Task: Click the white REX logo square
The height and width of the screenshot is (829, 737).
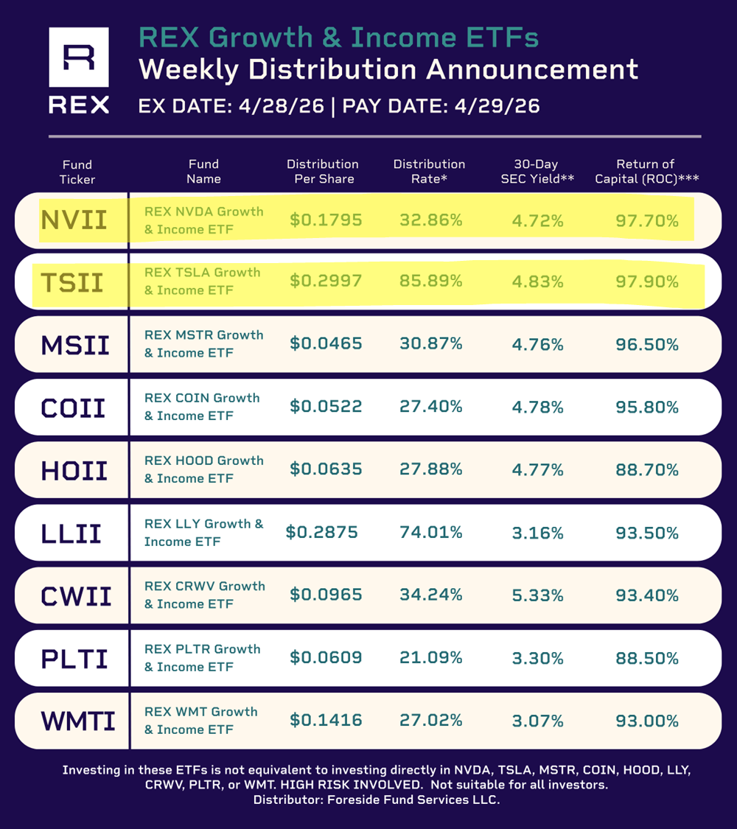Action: coord(79,57)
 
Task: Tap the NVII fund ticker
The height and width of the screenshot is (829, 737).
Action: coord(74,220)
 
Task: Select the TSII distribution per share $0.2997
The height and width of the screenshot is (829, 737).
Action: coord(326,281)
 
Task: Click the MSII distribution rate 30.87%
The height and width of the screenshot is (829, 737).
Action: coord(431,343)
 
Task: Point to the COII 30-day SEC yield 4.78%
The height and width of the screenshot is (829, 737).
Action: coord(538,407)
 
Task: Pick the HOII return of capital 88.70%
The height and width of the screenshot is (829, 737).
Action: coord(647,469)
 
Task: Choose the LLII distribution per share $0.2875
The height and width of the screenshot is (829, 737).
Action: coord(321,532)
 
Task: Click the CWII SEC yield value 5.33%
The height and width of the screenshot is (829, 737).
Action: coord(538,595)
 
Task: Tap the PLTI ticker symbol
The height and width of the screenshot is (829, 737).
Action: coord(74,659)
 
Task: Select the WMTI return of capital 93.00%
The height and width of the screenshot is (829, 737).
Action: coord(647,721)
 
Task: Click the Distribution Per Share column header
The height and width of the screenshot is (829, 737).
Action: coord(323,171)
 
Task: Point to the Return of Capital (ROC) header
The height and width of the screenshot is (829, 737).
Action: coord(646,171)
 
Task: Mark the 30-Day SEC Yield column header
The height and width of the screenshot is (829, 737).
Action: coord(537,171)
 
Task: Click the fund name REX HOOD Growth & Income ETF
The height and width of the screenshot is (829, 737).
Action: coord(204,469)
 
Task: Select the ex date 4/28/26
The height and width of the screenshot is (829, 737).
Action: coord(282,106)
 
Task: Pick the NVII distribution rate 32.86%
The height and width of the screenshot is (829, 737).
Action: coord(431,220)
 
